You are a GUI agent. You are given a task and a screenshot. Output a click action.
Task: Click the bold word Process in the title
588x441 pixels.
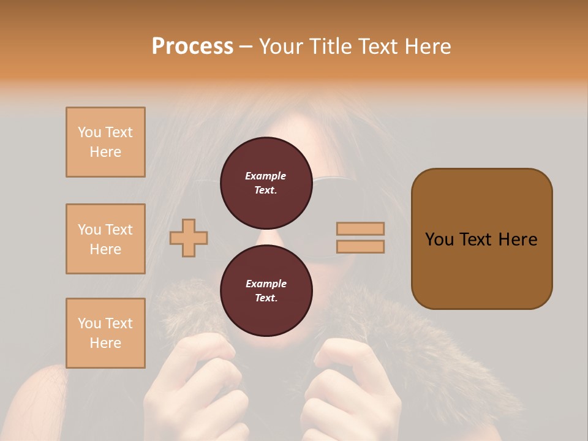[x=192, y=46]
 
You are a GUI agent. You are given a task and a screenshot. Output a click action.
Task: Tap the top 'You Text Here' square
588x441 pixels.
[x=105, y=142]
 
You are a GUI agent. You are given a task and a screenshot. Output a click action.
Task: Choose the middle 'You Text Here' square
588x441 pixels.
[x=105, y=239]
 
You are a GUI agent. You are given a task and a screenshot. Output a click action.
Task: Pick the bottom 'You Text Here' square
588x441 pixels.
[x=105, y=333]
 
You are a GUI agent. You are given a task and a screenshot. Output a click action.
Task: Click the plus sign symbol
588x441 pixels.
[x=189, y=238]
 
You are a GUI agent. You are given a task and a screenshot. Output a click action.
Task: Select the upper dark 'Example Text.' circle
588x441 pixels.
[x=266, y=183]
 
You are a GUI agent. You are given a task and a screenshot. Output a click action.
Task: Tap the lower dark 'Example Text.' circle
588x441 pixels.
[x=266, y=290]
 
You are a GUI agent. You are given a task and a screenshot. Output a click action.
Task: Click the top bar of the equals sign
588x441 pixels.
[x=360, y=229]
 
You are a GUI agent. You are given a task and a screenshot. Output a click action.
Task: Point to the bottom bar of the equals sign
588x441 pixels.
[x=360, y=246]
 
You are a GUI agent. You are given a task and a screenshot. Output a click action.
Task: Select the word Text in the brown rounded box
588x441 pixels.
[x=475, y=239]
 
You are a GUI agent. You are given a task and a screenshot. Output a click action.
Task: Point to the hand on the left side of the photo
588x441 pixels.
[x=190, y=386]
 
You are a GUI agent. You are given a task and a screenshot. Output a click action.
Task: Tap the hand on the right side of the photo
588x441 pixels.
[x=349, y=392]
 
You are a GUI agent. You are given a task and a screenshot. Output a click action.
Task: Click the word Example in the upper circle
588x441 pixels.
[x=266, y=176]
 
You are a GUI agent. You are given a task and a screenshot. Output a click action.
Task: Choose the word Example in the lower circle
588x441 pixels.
[x=266, y=284]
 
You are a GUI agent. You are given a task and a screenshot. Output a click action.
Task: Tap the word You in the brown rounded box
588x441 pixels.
[x=439, y=239]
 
